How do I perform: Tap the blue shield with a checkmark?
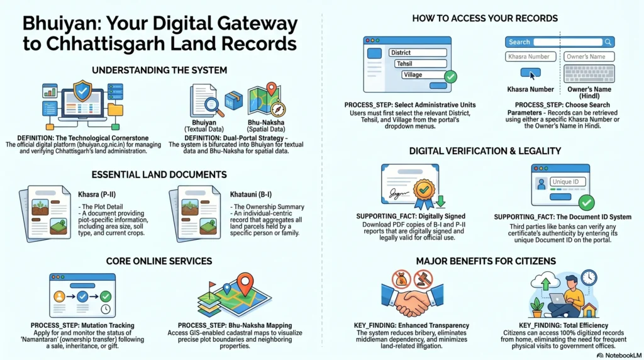[82, 91]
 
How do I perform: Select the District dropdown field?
[418, 53]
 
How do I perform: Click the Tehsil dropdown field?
[421, 64]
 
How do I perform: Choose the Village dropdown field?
[423, 75]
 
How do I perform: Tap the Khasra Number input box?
[531, 57]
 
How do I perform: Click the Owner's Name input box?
[589, 57]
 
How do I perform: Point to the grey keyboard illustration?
[589, 74]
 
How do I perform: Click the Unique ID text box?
[568, 182]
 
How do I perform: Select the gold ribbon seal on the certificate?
[425, 193]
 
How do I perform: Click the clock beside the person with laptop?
[589, 278]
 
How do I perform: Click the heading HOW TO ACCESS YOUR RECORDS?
[485, 18]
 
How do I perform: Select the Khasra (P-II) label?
[97, 194]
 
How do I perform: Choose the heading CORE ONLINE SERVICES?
[159, 261]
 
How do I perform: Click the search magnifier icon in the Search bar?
[608, 42]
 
